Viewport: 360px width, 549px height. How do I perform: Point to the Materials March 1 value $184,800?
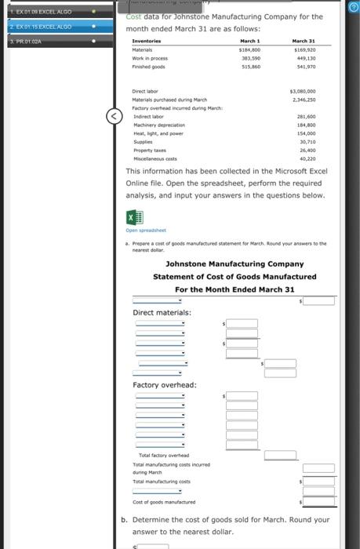click(x=249, y=49)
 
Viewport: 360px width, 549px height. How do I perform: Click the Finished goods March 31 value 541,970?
click(x=303, y=66)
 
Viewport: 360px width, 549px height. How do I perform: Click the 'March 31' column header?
click(x=304, y=40)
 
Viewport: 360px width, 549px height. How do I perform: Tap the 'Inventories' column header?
click(x=147, y=40)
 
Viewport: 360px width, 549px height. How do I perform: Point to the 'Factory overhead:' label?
click(x=164, y=384)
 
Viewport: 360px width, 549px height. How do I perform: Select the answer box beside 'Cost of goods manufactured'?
click(x=320, y=501)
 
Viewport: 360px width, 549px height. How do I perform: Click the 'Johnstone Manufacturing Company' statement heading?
click(x=235, y=264)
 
